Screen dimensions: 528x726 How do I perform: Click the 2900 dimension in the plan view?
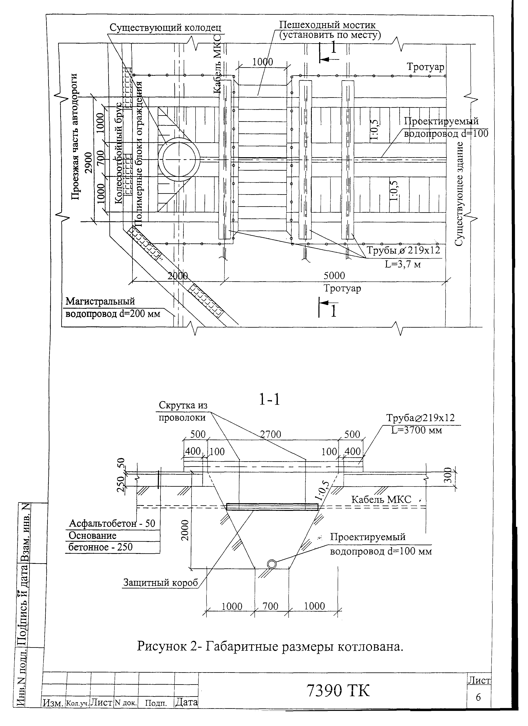click(x=89, y=163)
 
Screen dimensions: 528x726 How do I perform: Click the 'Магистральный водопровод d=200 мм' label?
click(x=113, y=307)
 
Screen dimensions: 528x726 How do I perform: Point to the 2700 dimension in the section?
click(x=271, y=434)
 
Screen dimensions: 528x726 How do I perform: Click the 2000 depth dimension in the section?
click(x=186, y=530)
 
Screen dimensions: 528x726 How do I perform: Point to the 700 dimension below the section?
click(x=271, y=606)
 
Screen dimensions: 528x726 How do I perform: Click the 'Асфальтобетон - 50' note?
click(x=112, y=524)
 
